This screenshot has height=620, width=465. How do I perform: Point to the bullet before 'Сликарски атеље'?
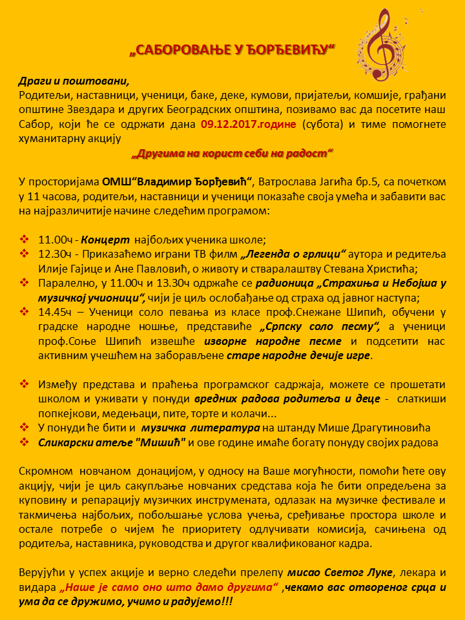coord(25,442)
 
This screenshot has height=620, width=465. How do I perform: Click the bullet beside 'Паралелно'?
coord(25,283)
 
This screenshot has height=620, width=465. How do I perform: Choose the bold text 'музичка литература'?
coord(201,428)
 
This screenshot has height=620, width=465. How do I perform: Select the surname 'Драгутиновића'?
coord(385,428)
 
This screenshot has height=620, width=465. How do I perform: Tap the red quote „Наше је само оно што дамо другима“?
coord(168,587)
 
